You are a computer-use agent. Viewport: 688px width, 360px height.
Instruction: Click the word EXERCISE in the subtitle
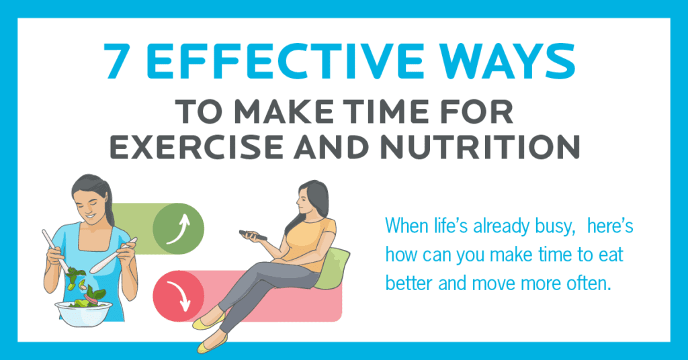(197, 146)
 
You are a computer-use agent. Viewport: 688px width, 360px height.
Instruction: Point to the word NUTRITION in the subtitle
(480, 146)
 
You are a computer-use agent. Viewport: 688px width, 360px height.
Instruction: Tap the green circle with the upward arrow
(178, 228)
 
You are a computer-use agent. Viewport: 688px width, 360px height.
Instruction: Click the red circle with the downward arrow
(178, 296)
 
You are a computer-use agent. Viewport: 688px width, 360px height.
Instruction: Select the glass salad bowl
(83, 313)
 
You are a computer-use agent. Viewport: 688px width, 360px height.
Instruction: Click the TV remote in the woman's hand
(253, 235)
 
